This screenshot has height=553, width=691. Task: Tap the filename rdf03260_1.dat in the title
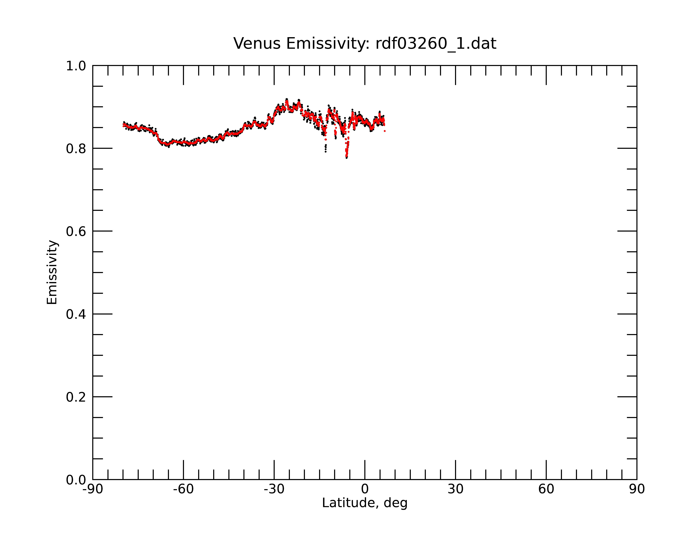click(436, 44)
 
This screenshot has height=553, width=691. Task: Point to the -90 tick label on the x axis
click(93, 489)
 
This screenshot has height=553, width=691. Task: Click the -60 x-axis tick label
click(183, 489)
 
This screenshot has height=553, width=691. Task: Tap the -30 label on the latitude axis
click(274, 489)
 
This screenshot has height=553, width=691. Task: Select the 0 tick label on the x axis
click(365, 489)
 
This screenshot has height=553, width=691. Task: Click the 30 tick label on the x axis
click(455, 489)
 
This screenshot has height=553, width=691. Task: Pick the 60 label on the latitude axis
click(546, 489)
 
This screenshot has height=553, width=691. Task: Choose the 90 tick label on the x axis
click(637, 489)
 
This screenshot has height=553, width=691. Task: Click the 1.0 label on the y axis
click(76, 66)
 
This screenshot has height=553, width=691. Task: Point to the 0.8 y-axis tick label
click(76, 149)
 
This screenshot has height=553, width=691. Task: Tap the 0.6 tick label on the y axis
click(76, 231)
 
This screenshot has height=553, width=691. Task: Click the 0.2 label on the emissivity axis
click(76, 397)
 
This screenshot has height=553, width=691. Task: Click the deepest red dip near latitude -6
click(347, 156)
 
